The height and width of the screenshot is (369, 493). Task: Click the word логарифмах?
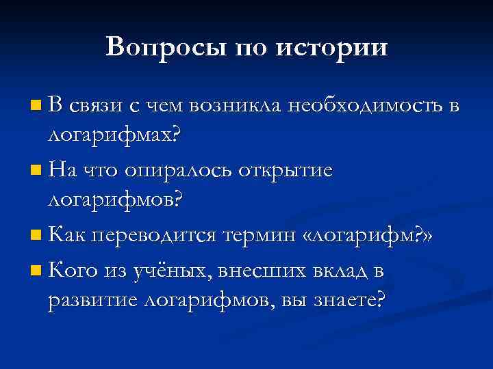pos(116,135)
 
